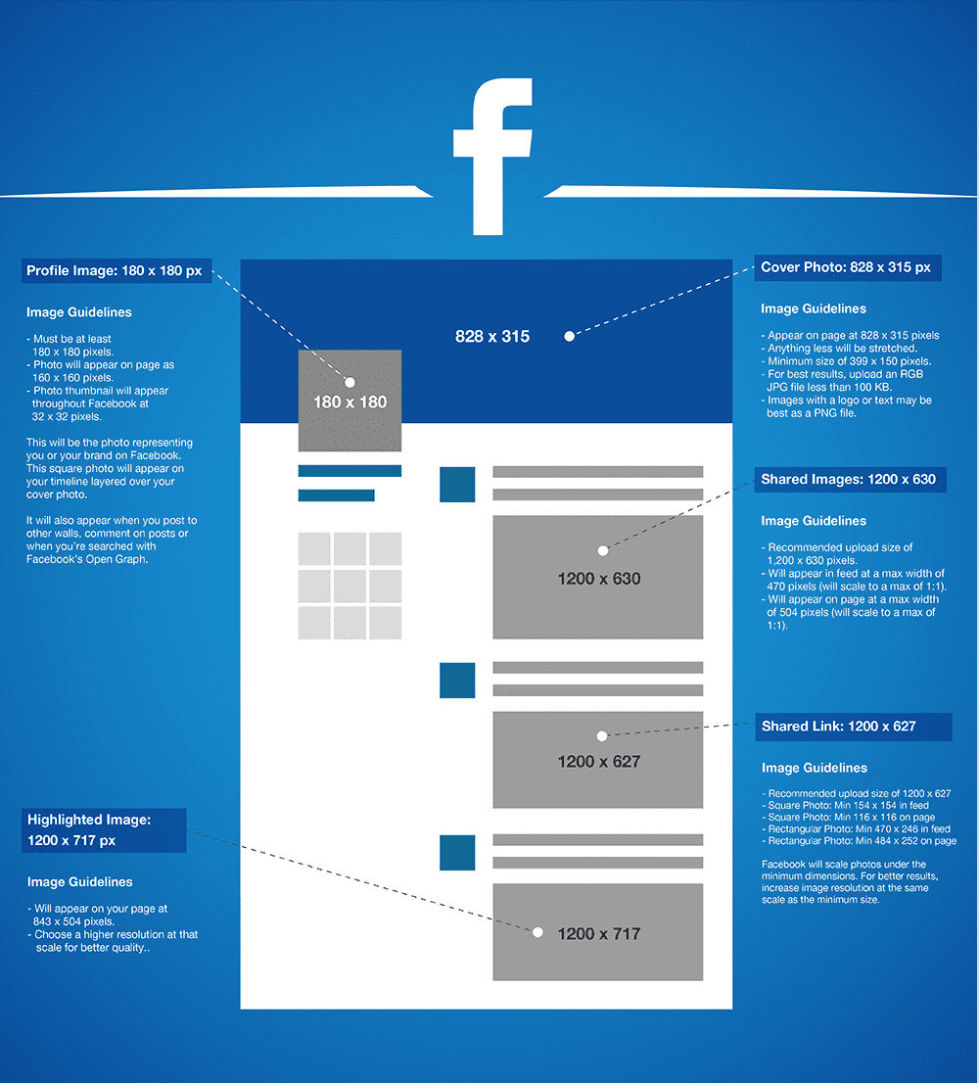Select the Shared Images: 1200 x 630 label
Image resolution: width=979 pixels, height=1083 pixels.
(x=850, y=480)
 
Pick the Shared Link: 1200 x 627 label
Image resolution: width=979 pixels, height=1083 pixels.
(x=854, y=727)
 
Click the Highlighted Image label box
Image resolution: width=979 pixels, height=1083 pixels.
(x=104, y=830)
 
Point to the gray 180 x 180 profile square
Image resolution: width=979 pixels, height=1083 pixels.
(x=350, y=400)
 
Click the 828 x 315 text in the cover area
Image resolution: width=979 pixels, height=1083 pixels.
(x=492, y=337)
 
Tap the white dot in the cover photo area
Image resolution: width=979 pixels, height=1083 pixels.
(x=569, y=337)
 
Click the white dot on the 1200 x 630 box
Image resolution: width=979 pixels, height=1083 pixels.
(x=603, y=550)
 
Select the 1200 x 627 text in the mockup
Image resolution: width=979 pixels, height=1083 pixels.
(x=599, y=761)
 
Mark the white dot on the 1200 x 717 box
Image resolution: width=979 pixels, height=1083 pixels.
(x=537, y=932)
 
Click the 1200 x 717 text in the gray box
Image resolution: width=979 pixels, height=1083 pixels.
(x=599, y=934)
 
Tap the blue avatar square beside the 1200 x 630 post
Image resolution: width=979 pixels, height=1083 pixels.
(x=457, y=484)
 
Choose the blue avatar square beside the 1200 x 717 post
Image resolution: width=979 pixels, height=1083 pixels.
(x=457, y=852)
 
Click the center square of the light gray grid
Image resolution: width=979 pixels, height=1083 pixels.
(x=350, y=586)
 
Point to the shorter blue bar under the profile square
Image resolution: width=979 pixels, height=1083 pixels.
(x=336, y=495)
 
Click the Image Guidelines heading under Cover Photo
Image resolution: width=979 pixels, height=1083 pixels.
(x=814, y=308)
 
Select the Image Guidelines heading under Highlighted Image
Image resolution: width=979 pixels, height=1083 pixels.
(x=80, y=882)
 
